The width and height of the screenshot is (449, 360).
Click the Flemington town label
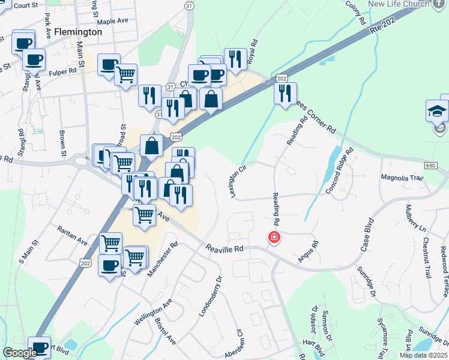click(78, 31)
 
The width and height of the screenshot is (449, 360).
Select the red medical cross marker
click(274, 238)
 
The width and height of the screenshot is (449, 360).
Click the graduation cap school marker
click(438, 110)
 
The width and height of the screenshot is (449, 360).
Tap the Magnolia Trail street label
click(402, 178)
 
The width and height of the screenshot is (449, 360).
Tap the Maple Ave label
click(113, 21)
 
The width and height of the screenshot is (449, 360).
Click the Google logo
click(20, 353)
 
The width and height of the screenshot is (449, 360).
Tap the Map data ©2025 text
click(424, 355)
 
